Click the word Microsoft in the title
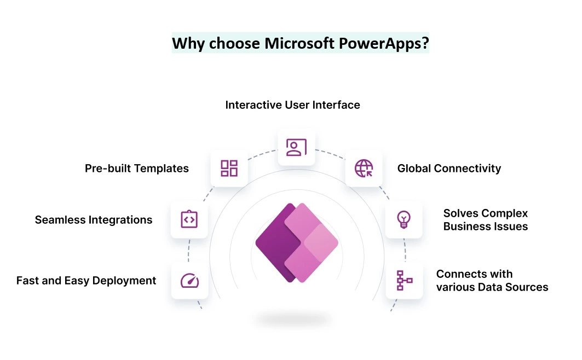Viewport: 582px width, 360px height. tap(299, 43)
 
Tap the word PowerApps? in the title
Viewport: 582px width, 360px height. tap(384, 44)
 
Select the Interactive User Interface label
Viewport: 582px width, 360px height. tap(292, 105)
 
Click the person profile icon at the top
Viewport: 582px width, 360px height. tap(296, 147)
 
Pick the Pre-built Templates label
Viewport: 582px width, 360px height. tap(136, 169)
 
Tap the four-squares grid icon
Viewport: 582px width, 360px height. tap(229, 169)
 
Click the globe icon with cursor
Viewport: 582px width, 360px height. tap(364, 169)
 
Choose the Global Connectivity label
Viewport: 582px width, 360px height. tap(449, 169)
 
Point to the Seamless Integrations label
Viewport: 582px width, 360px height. tap(94, 220)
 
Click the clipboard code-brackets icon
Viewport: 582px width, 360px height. tap(189, 219)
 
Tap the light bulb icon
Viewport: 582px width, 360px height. tap(404, 219)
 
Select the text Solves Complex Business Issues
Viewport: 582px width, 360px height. tap(486, 220)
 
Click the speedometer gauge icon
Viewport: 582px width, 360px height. tap(189, 281)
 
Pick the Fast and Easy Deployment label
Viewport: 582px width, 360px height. tap(86, 281)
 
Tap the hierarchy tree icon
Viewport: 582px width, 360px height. tap(404, 280)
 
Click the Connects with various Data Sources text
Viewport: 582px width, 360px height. tap(492, 280)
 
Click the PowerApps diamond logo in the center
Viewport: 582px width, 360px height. tap(297, 243)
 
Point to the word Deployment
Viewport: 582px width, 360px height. tap(124, 281)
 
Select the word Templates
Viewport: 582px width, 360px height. tap(162, 169)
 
